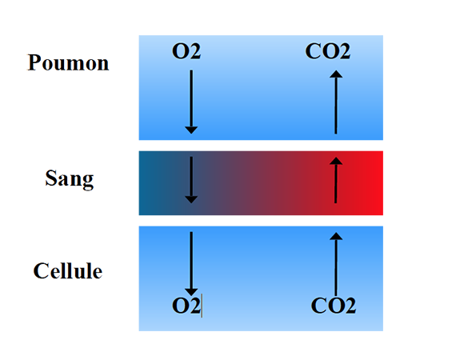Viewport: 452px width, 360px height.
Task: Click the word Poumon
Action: pos(68,62)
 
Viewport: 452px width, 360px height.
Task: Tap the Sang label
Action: pos(70,179)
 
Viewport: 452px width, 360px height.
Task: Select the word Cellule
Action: pos(68,271)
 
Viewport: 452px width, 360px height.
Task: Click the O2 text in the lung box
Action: pos(186,51)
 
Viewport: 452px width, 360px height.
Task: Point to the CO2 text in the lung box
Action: pos(328,51)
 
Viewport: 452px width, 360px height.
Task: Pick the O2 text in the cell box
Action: pos(186,306)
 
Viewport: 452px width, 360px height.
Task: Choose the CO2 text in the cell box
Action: pos(334,306)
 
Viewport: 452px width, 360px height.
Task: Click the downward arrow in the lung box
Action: pos(191,102)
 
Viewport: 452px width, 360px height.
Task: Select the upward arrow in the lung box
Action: pos(336,102)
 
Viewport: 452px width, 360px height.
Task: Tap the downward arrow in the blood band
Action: pos(191,180)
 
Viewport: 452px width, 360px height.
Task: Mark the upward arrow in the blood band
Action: pos(336,180)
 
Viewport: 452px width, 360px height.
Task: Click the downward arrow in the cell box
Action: pos(191,264)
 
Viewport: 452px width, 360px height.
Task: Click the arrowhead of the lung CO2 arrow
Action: pos(336,74)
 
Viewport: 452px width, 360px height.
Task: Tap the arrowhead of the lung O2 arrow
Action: pos(191,130)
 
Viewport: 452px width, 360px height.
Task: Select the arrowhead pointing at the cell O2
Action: pos(191,292)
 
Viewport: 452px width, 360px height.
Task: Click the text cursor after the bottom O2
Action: pos(202,306)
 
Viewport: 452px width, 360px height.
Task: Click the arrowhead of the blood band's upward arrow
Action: pos(336,161)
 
